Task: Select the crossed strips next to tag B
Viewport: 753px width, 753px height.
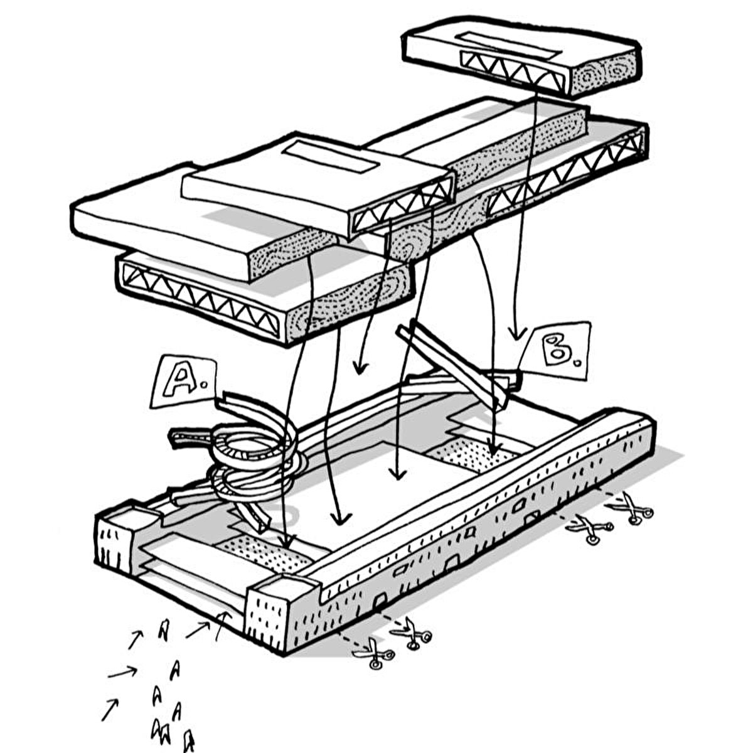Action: [x=458, y=364]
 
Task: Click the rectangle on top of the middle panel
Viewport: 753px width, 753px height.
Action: [x=329, y=157]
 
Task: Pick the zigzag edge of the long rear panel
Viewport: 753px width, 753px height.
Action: [x=565, y=173]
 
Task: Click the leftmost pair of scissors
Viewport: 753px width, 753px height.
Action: [x=373, y=653]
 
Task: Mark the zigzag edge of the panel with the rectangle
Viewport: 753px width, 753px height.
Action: [x=402, y=207]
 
